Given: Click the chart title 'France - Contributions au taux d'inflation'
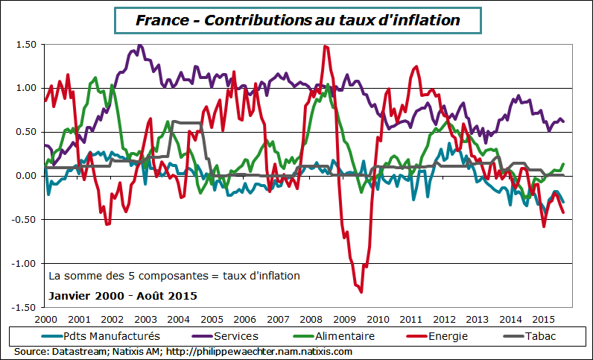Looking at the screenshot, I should [297, 20].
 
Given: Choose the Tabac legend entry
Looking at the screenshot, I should [539, 336].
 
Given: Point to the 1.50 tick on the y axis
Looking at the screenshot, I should [25, 45].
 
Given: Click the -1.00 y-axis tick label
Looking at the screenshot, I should [24, 264].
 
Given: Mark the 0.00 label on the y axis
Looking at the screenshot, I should [25, 176].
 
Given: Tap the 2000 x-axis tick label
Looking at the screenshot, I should [45, 318].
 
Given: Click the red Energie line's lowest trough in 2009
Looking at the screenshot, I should [361, 291].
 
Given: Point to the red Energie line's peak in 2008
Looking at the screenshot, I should [325, 46].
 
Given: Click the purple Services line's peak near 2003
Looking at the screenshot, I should [139, 46].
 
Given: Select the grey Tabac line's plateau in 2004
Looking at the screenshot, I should [186, 122].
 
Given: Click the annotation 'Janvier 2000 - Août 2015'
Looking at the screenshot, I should [122, 296].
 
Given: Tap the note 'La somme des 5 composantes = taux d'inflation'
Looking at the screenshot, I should [174, 276].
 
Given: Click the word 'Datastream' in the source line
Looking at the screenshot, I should [78, 351].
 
